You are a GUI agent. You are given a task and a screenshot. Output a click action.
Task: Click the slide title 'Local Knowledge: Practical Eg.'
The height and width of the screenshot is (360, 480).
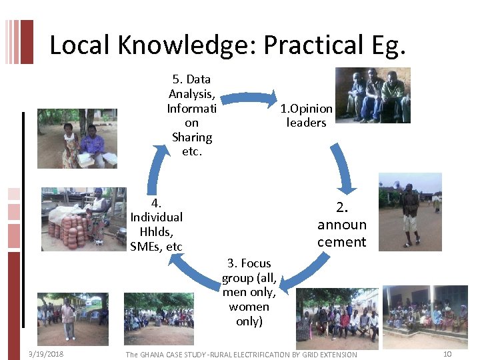click(x=227, y=45)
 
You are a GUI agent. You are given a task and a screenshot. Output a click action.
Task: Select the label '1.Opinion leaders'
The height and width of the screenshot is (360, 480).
click(x=306, y=115)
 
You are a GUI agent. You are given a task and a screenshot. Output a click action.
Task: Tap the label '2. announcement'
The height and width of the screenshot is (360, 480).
click(x=341, y=224)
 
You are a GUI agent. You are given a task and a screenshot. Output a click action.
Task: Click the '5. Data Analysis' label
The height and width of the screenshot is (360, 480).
click(x=191, y=115)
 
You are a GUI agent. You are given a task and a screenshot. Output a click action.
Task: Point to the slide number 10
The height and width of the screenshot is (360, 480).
click(x=447, y=354)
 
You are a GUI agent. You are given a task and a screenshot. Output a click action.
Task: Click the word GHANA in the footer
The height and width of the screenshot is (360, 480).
click(x=155, y=355)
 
